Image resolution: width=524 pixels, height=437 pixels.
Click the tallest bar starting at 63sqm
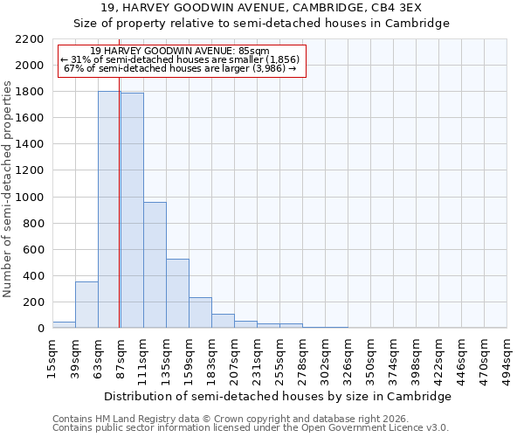pyautogui.click(x=109, y=210)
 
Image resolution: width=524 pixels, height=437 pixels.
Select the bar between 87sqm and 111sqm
pyautogui.click(x=132, y=211)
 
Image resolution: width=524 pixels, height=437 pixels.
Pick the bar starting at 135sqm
pyautogui.click(x=177, y=294)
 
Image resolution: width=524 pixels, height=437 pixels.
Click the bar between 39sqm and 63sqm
pyautogui.click(x=86, y=305)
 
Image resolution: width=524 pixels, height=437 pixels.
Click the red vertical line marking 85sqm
pyautogui.click(x=119, y=218)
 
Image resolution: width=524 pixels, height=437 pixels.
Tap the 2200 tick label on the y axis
pyautogui.click(x=30, y=39)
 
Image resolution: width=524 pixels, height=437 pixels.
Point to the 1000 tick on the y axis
pyautogui.click(x=30, y=198)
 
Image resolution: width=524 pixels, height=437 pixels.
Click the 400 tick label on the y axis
pyautogui.click(x=33, y=276)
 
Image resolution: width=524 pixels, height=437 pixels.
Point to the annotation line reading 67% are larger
pyautogui.click(x=182, y=68)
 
